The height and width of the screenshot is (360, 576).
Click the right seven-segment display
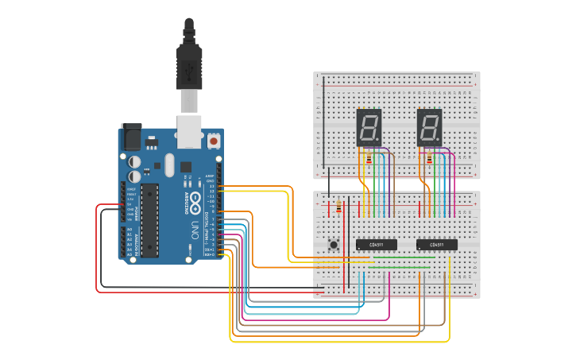pos(429,127)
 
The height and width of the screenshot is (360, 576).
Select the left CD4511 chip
pos(376,245)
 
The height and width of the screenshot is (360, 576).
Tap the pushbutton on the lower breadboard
pos(334,244)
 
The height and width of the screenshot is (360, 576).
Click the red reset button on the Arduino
pos(213,141)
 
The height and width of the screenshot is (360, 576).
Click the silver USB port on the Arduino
pos(189,132)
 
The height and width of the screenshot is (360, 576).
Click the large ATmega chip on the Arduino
pos(150,220)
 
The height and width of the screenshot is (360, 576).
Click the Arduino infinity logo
pos(193,202)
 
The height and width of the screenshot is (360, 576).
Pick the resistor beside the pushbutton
pos(340,207)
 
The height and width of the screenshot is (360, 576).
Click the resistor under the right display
pos(430,160)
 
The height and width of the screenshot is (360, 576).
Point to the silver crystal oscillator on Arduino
pos(169,165)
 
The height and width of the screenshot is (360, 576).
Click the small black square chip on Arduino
pos(186,167)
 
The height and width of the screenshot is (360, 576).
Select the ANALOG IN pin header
pos(130,242)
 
